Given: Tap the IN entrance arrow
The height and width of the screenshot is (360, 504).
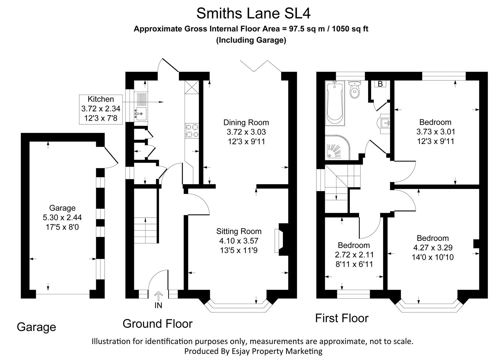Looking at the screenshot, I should tap(159, 297).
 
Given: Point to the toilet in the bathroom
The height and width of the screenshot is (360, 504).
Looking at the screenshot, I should tap(354, 90).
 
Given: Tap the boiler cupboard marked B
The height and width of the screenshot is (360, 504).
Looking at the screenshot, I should tap(380, 84).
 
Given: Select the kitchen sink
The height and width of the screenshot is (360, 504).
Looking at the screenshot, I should tap(141, 114).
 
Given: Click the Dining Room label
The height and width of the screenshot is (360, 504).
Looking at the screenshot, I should tap(246, 122).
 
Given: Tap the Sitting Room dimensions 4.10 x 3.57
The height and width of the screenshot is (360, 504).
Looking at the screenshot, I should tap(239, 241).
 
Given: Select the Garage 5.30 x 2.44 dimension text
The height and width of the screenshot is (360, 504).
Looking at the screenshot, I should tap(62, 218).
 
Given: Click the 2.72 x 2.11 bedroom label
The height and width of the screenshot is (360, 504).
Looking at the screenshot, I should tap(354, 255).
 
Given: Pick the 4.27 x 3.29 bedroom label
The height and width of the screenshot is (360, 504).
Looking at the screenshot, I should tap(433, 248).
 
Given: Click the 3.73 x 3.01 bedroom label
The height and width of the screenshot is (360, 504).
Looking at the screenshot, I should tap(435, 132).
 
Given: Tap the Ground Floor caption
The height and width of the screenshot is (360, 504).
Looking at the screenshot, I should tap(158, 324).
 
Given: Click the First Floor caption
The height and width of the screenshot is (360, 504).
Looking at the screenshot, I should tap(342, 318).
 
